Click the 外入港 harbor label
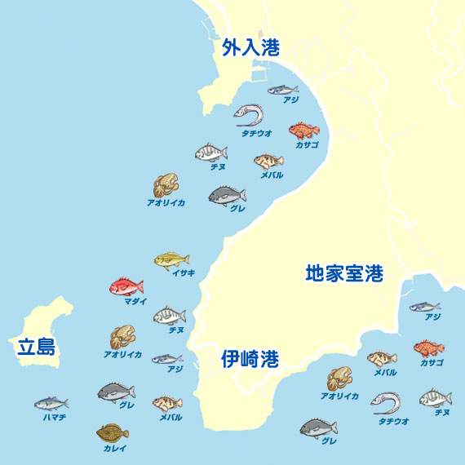250,48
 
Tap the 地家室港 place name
344,273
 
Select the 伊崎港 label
250,359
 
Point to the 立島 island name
36,348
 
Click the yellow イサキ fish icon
171,260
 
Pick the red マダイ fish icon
126,286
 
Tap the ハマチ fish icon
51,403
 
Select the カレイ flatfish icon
113,432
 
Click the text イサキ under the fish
184,273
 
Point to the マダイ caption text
135,301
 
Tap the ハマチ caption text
55,417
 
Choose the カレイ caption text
114,448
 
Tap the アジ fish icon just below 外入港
282,90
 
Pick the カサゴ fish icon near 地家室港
428,348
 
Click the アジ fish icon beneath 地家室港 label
424,308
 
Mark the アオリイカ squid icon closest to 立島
122,337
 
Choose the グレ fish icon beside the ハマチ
116,392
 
